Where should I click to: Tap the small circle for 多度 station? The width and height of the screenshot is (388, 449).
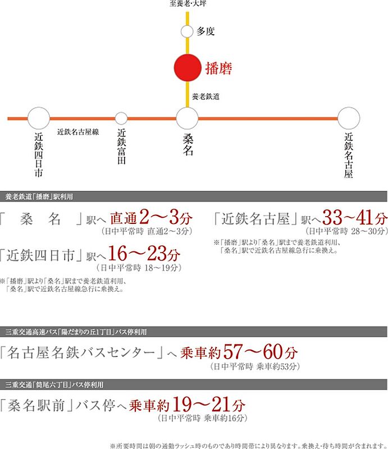click(187, 32)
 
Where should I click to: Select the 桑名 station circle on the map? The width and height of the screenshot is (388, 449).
click(187, 118)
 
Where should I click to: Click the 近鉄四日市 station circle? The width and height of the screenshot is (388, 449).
click(39, 118)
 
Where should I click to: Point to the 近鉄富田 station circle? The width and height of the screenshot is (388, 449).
click(121, 118)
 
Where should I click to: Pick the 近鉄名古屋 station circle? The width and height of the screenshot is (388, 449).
click(349, 118)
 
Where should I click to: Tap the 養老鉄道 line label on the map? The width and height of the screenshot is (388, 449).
click(206, 97)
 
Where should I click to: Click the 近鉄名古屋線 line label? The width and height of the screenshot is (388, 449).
click(78, 132)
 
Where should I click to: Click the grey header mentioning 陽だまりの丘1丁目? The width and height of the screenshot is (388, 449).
click(194, 331)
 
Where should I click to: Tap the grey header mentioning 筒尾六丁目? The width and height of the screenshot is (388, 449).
click(194, 384)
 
